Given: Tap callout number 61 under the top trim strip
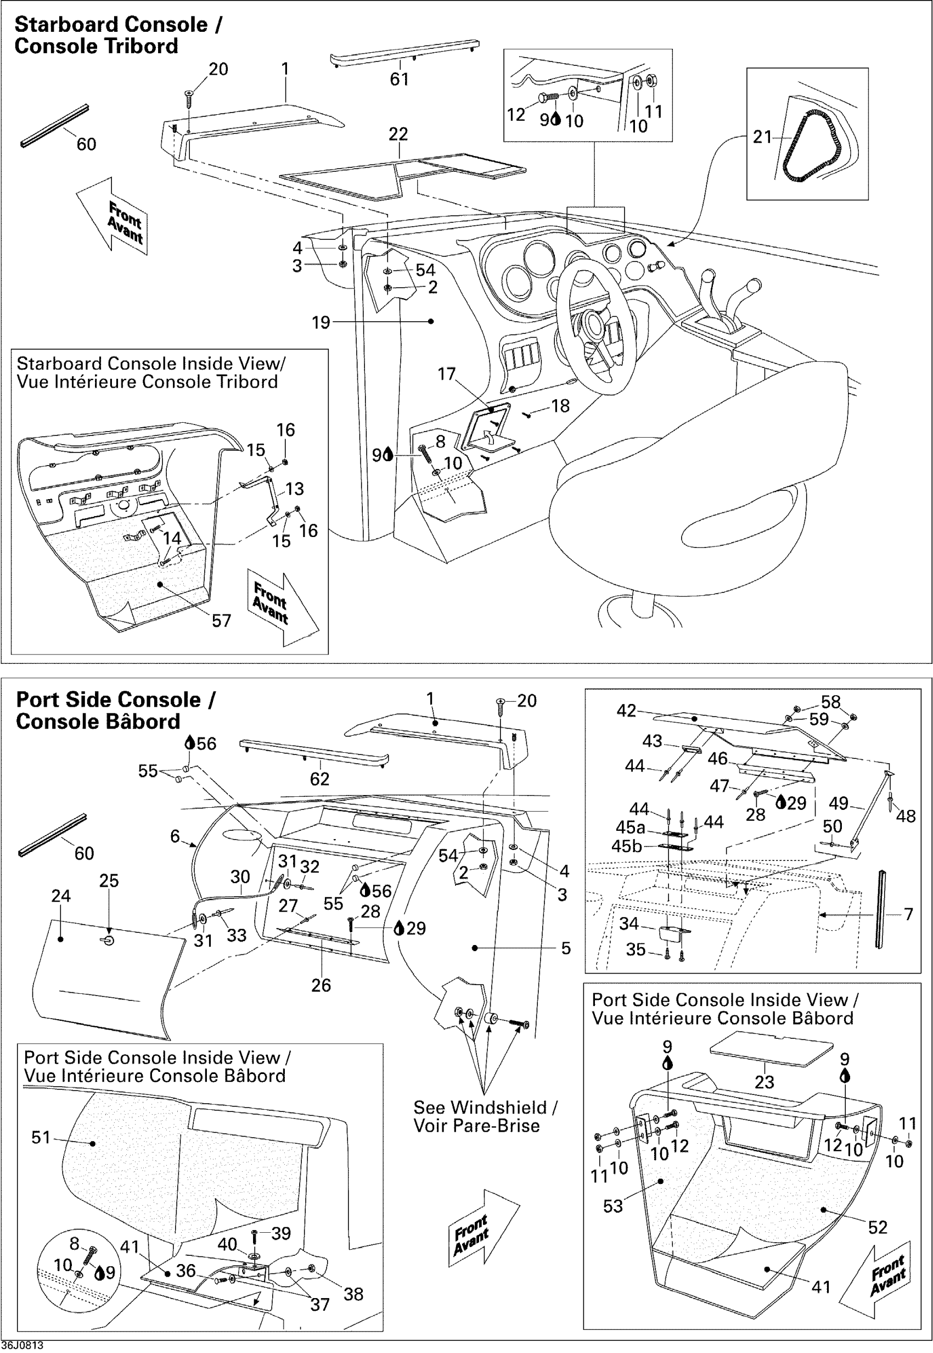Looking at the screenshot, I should coord(400,79).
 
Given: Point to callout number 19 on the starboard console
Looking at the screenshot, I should coord(321,322).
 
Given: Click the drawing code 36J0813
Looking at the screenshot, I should coord(21,1345).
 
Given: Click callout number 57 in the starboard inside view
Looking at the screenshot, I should coord(222,620).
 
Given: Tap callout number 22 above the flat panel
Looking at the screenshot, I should coord(398,134).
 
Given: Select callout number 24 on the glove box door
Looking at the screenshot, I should coord(61,896).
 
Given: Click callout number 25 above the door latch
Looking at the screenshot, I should coord(109,880).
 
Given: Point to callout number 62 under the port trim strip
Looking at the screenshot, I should coord(319,779).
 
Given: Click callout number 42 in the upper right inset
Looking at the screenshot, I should coord(626,710).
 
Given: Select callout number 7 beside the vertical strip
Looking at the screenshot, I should coord(908,914).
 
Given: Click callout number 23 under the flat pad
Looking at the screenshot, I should coord(764,1082).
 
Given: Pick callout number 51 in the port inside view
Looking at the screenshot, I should coord(41,1137).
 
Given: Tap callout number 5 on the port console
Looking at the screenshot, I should coord(565,948).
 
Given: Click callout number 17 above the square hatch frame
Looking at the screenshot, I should coord(446,374).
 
